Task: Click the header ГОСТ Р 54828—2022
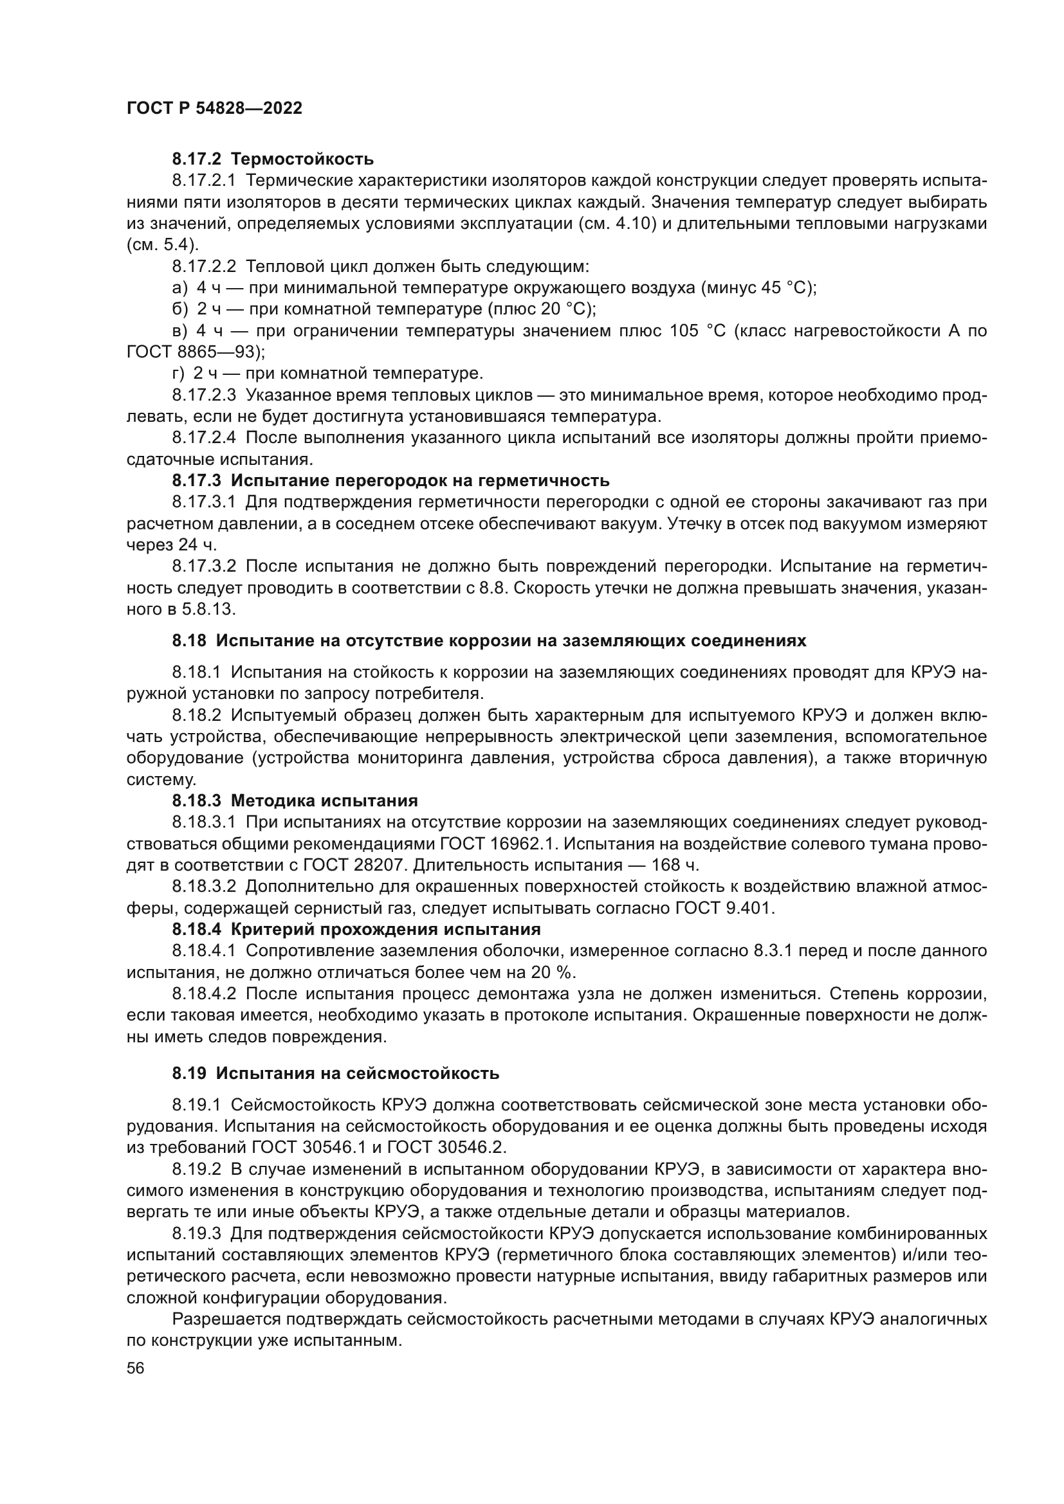pos(214,109)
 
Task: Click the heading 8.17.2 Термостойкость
pos(273,159)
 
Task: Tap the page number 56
pos(136,1368)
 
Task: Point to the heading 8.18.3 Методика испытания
pos(295,801)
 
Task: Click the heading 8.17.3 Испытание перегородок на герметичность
pos(390,481)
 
